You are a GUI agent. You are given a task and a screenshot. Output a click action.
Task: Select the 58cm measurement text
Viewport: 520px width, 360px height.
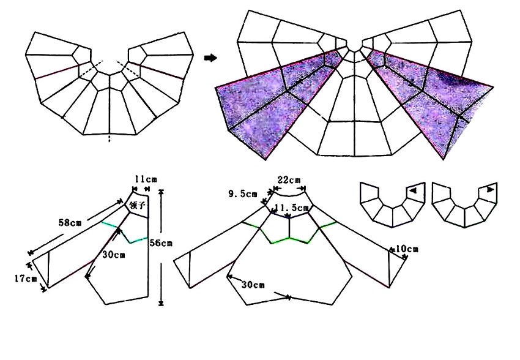(70, 222)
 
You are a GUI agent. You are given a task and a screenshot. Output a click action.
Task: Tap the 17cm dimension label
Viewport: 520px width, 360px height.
(26, 279)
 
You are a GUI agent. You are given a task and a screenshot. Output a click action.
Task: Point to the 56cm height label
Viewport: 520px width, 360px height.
(161, 243)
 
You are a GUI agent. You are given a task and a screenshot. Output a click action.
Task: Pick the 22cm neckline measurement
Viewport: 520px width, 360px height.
(289, 180)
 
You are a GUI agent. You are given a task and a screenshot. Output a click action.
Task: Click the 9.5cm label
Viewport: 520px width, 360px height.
(243, 194)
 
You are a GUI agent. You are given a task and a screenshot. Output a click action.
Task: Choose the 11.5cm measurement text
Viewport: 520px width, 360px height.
(292, 208)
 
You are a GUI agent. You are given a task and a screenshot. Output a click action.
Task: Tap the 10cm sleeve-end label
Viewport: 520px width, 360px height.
(407, 249)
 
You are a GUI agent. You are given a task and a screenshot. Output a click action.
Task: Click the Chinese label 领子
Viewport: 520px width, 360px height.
(138, 206)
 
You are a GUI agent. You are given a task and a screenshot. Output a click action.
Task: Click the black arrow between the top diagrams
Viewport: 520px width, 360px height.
(210, 58)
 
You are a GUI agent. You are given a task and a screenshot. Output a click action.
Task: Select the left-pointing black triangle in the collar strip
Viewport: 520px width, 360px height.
(412, 191)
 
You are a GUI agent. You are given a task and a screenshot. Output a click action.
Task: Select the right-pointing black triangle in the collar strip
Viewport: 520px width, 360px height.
(491, 190)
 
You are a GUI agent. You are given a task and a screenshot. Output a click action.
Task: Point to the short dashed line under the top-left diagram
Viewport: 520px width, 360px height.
(110, 139)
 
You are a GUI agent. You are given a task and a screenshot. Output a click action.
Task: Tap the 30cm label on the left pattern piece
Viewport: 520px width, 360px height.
(114, 255)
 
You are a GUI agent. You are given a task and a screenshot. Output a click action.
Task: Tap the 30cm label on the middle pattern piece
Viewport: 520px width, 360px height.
(253, 285)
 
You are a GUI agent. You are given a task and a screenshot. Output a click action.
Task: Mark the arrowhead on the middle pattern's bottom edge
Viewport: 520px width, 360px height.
(288, 298)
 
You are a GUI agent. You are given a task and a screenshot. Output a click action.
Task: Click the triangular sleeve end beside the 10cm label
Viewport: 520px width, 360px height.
(397, 268)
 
